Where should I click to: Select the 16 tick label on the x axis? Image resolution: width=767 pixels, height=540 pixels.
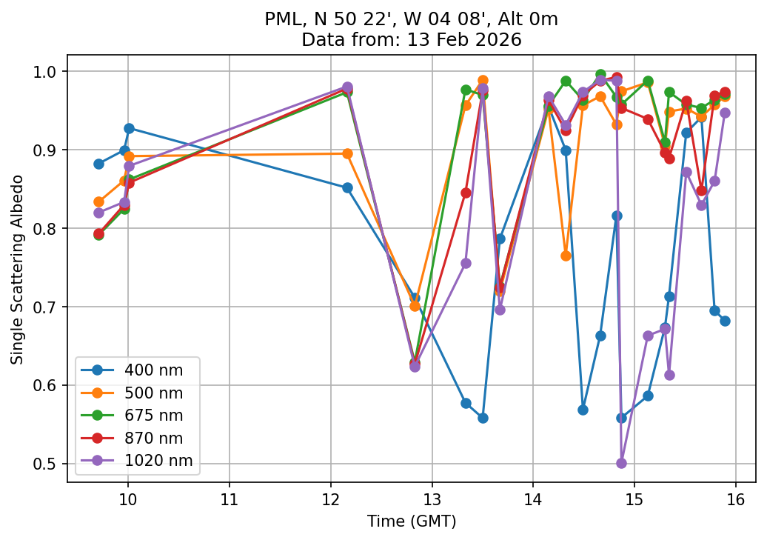pos(735,496)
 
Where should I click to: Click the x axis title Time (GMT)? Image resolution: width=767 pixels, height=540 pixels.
pos(412,521)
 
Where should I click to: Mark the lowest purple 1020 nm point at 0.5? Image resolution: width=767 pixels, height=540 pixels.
pos(621,463)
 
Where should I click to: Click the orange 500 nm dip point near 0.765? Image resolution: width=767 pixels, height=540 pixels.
pos(566,256)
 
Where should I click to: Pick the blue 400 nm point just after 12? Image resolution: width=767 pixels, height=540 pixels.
pos(347,187)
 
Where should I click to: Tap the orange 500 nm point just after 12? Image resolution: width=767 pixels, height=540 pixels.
pos(347,153)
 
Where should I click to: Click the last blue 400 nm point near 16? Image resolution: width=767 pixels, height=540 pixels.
pos(725,321)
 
